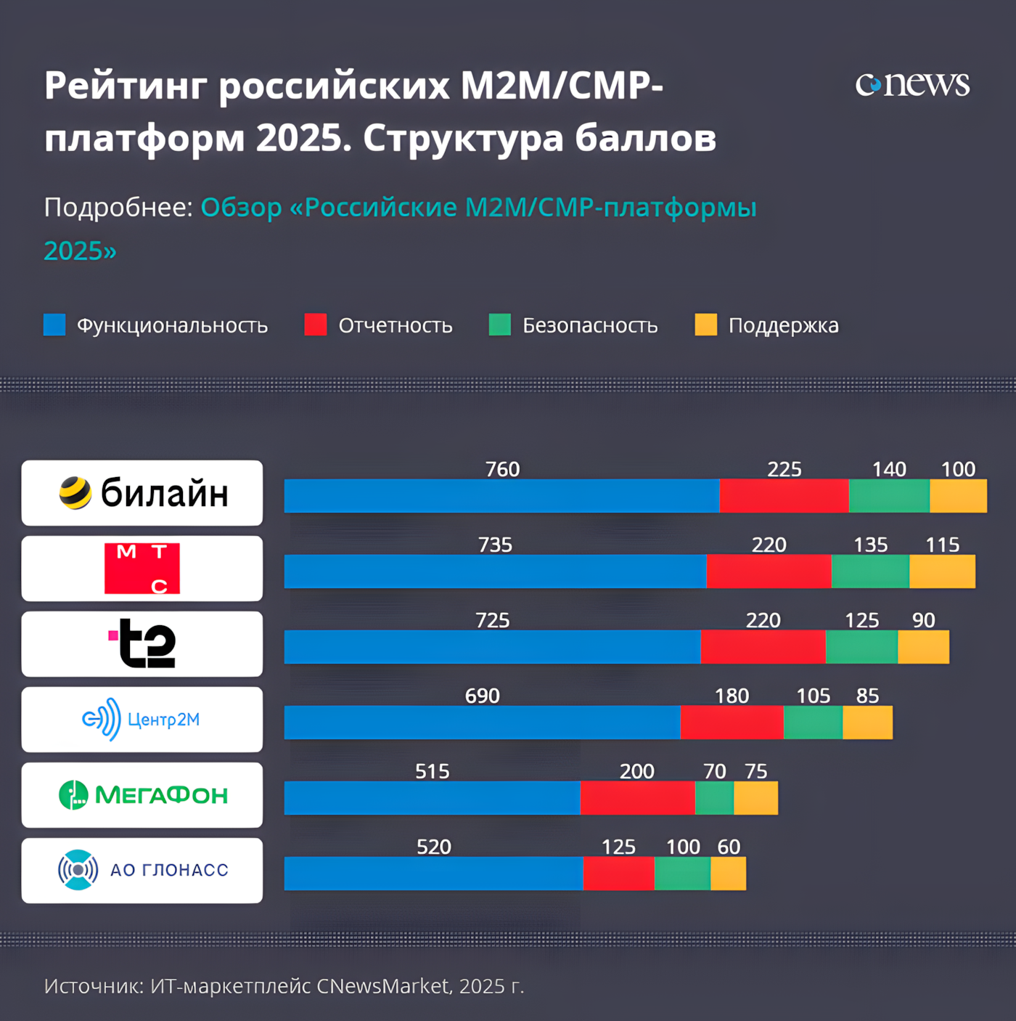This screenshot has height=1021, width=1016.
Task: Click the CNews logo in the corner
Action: [912, 84]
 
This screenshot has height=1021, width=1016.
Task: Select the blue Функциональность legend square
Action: [54, 325]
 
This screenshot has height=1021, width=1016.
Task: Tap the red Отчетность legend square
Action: [316, 325]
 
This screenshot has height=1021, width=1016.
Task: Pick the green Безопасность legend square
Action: [500, 325]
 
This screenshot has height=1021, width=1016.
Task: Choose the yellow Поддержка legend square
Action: [705, 325]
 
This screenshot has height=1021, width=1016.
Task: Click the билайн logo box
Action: [142, 493]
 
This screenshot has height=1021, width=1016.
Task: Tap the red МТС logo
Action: [142, 569]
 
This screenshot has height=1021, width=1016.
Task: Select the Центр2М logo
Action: [142, 720]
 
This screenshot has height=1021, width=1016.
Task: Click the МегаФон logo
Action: [142, 795]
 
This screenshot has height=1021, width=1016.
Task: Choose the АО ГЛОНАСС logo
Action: [142, 870]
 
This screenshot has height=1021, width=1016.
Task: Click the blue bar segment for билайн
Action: [501, 496]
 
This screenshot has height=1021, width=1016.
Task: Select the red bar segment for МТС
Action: [769, 571]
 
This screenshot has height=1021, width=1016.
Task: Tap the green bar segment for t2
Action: [861, 647]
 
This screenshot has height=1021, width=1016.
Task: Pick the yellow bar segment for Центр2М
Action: [867, 723]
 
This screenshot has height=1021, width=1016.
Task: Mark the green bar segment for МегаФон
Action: [714, 798]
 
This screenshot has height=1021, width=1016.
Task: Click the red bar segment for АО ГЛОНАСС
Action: [618, 874]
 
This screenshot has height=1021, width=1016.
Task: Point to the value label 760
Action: [502, 469]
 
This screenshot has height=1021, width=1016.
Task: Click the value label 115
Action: [942, 545]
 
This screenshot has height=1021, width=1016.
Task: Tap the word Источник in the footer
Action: [93, 986]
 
